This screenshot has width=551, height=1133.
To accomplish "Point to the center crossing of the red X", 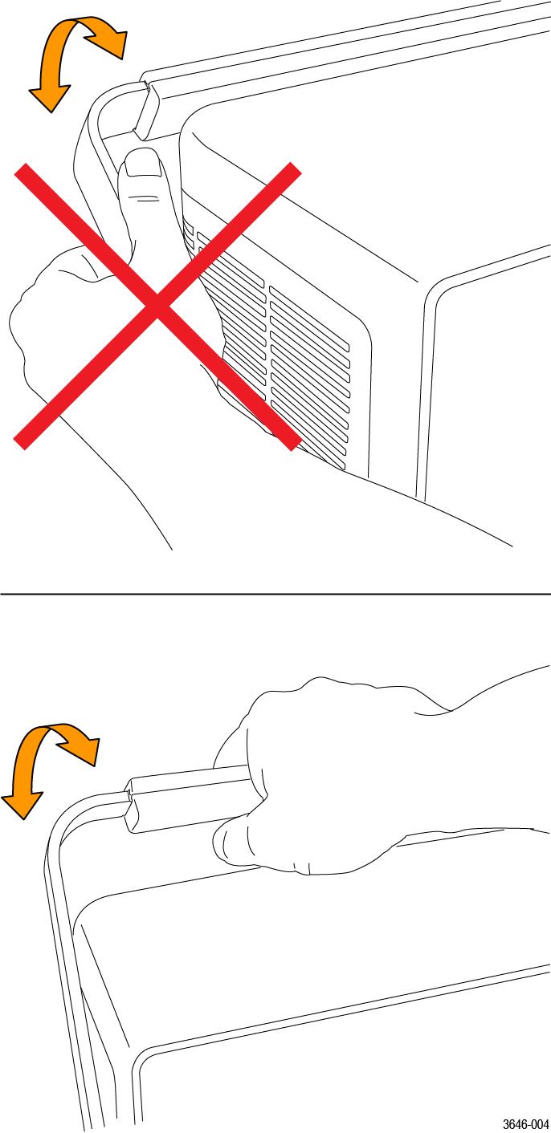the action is click(157, 306).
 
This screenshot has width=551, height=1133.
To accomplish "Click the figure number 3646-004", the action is click(526, 1124).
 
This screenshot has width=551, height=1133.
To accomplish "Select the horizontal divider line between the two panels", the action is click(275, 595).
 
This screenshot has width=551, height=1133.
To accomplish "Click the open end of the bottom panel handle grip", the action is click(131, 806).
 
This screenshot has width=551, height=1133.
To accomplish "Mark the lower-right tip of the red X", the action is click(294, 443).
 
